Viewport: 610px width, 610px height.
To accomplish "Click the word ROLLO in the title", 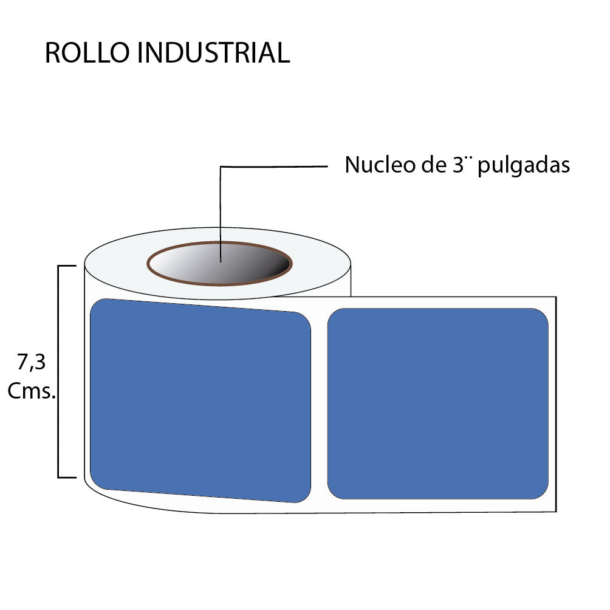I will coord(87,53).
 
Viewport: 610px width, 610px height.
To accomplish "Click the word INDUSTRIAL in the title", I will coord(213,53).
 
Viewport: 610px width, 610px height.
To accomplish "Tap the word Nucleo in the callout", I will coord(377,165).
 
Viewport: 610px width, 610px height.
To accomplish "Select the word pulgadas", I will coord(524,166).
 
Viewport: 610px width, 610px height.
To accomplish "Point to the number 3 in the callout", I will coord(459,165).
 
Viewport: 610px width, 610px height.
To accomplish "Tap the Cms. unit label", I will coord(32,392).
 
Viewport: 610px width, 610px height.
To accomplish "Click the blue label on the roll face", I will coord(200,400).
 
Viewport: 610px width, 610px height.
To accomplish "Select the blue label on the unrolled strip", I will coord(437,403).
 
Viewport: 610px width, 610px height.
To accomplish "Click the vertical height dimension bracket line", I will coord(58,371).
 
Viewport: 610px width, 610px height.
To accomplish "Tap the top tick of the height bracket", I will coord(67,266).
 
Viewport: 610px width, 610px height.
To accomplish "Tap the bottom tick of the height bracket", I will coord(67,478).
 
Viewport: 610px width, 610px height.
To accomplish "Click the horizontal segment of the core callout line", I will coord(273,166).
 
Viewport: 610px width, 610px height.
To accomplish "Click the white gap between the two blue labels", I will coord(319,403).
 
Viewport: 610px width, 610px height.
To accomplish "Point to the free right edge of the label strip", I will coord(556,403).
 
